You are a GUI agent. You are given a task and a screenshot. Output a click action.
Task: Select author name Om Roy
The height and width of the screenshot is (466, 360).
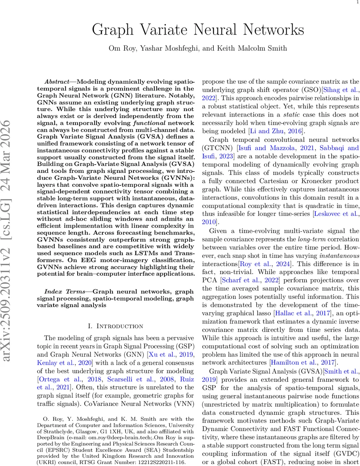point(121,48)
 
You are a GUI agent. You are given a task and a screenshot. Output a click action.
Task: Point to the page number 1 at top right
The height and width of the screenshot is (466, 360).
point(357,2)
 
